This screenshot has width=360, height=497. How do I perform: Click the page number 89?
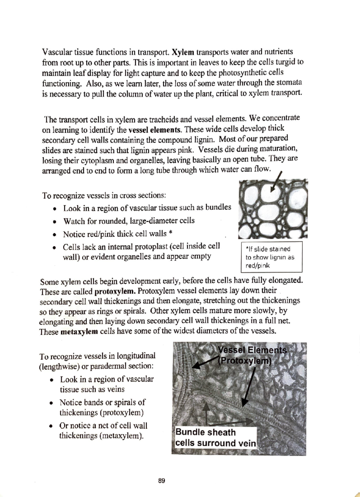(x=162, y=481)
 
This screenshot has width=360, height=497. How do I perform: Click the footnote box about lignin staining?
(x=272, y=257)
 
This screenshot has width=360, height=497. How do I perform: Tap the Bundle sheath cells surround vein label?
(x=215, y=438)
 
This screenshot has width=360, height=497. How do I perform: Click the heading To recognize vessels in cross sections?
(x=104, y=196)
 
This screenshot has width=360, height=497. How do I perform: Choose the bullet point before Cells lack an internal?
(x=54, y=248)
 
